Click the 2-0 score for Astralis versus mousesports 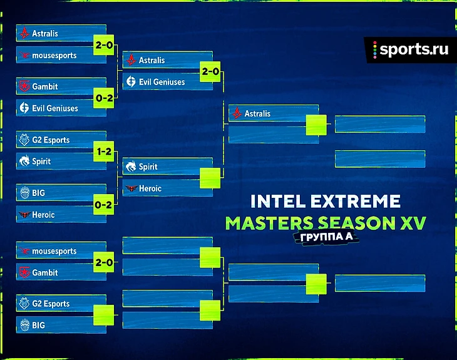coord(104,45)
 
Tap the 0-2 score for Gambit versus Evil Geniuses coord(104,98)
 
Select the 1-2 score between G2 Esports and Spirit coord(104,152)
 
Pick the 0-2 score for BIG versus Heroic coord(104,205)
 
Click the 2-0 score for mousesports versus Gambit coord(104,262)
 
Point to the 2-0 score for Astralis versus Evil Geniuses coord(210,71)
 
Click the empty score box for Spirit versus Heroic coord(210,178)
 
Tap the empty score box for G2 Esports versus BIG coord(104,315)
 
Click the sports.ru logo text coord(414,49)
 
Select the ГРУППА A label coord(326,237)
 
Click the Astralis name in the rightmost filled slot coord(257,113)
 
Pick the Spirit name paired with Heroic coord(148,167)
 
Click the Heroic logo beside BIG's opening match coord(24,215)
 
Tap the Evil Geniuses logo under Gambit coord(24,108)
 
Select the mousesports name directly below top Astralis coord(54,55)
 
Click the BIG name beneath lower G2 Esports coord(38,325)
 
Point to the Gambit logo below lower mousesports coord(24,272)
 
